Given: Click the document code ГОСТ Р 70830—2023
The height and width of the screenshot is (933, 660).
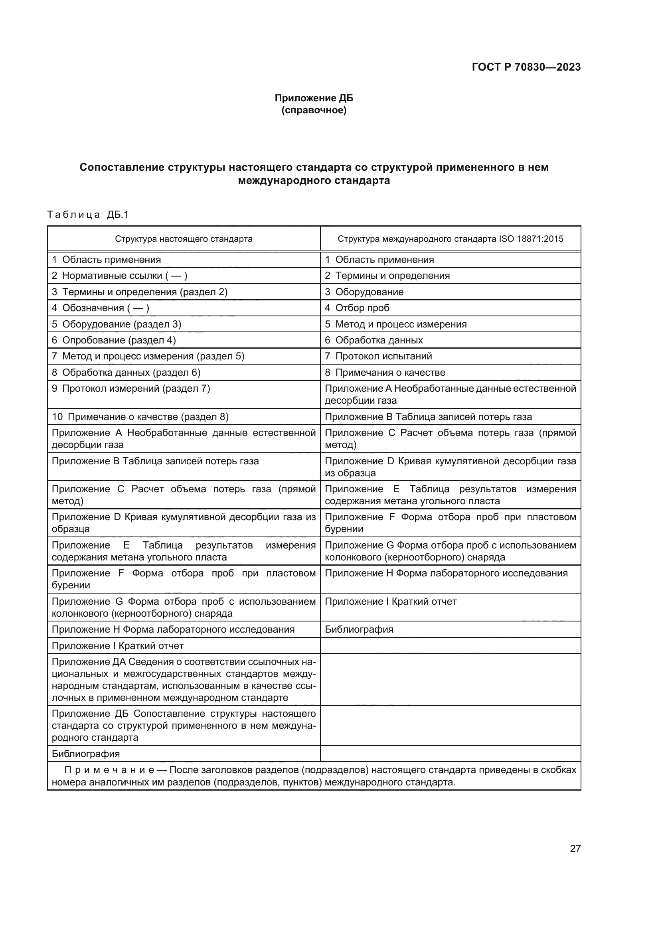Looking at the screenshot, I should (x=526, y=67).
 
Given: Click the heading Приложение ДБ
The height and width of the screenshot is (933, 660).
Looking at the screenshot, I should (x=314, y=98).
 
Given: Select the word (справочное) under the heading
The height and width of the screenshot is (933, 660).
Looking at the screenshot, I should (x=314, y=110).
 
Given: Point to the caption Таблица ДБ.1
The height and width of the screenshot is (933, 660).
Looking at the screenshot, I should (x=88, y=215).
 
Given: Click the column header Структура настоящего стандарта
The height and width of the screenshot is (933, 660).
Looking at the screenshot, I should (x=184, y=239).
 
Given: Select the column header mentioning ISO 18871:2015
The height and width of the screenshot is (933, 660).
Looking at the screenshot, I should (x=450, y=239).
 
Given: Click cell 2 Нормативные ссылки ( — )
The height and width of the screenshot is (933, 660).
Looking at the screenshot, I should (x=119, y=276).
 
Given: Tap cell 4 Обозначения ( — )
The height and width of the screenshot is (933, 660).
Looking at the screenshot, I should (x=101, y=308).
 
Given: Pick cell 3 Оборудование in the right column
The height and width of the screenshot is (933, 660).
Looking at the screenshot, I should (x=364, y=292).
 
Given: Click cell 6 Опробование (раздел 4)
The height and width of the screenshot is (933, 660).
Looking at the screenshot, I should (x=114, y=340).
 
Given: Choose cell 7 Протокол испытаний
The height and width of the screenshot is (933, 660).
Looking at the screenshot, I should (x=378, y=356).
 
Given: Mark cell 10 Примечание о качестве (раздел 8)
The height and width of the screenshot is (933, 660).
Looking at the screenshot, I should (x=140, y=417).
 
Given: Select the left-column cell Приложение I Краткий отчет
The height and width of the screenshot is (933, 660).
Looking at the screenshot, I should (x=118, y=646).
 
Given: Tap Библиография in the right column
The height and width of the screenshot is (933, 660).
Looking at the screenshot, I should (x=359, y=629).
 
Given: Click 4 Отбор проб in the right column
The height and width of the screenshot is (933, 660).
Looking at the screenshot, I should (x=357, y=308).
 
